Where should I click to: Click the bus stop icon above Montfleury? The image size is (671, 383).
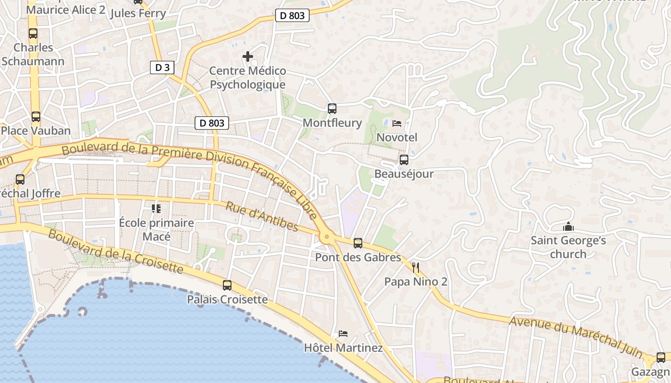click(332, 109)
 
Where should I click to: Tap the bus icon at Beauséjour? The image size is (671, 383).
click(404, 160)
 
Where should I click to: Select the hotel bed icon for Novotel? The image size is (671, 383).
click(397, 124)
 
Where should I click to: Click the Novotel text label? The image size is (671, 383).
click(397, 137)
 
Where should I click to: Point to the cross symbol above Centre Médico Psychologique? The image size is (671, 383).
click(248, 57)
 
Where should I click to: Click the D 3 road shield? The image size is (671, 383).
click(162, 68)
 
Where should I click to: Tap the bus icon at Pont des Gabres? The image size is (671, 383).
click(358, 243)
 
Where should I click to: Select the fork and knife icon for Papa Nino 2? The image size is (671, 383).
click(416, 268)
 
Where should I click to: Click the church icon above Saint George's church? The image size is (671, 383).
click(568, 226)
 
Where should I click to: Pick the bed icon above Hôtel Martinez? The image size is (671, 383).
click(343, 334)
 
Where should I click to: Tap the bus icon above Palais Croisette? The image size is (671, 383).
click(227, 285)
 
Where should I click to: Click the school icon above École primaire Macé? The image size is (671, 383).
click(156, 208)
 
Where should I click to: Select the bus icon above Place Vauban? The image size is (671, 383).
click(36, 117)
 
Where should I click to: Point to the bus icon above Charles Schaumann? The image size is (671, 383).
click(33, 34)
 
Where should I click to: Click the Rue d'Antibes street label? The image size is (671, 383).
click(262, 216)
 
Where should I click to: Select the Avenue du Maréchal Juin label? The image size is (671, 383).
click(576, 337)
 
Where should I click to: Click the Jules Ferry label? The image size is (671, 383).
click(138, 13)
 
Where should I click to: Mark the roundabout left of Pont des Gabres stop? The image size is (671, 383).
click(327, 236)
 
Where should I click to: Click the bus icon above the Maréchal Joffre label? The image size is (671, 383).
click(20, 180)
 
